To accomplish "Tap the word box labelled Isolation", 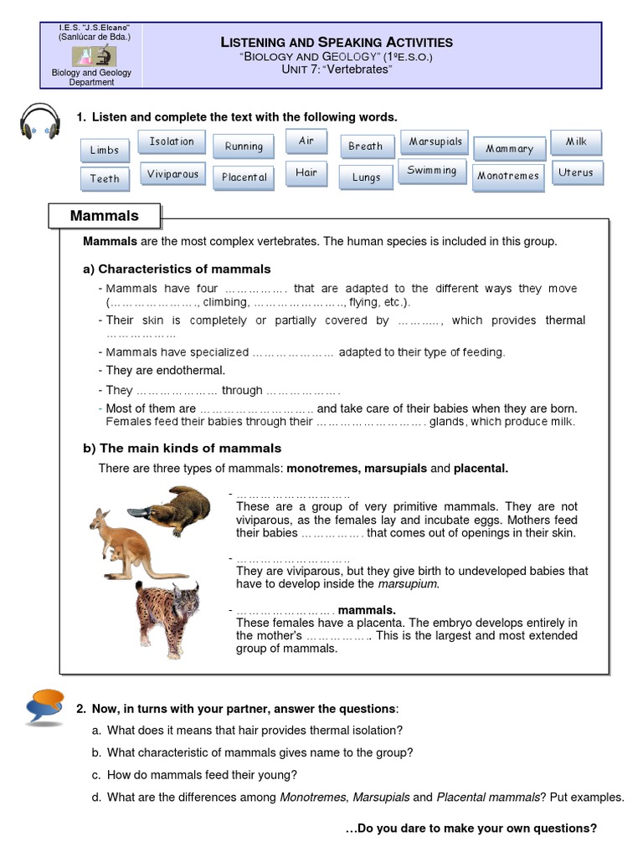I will coord(172,142).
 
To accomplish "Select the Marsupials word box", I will coord(435,142).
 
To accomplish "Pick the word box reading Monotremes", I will coord(508,176).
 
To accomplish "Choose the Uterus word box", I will coord(576,172).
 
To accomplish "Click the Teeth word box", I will coord(105,178).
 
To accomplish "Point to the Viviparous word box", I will coord(172,174).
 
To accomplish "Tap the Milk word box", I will coord(576,142).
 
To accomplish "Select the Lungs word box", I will coord(366,177).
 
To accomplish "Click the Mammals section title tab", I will coord(105,216).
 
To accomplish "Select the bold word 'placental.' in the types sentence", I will coord(481,468).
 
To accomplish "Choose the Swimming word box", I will coord(432,171).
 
